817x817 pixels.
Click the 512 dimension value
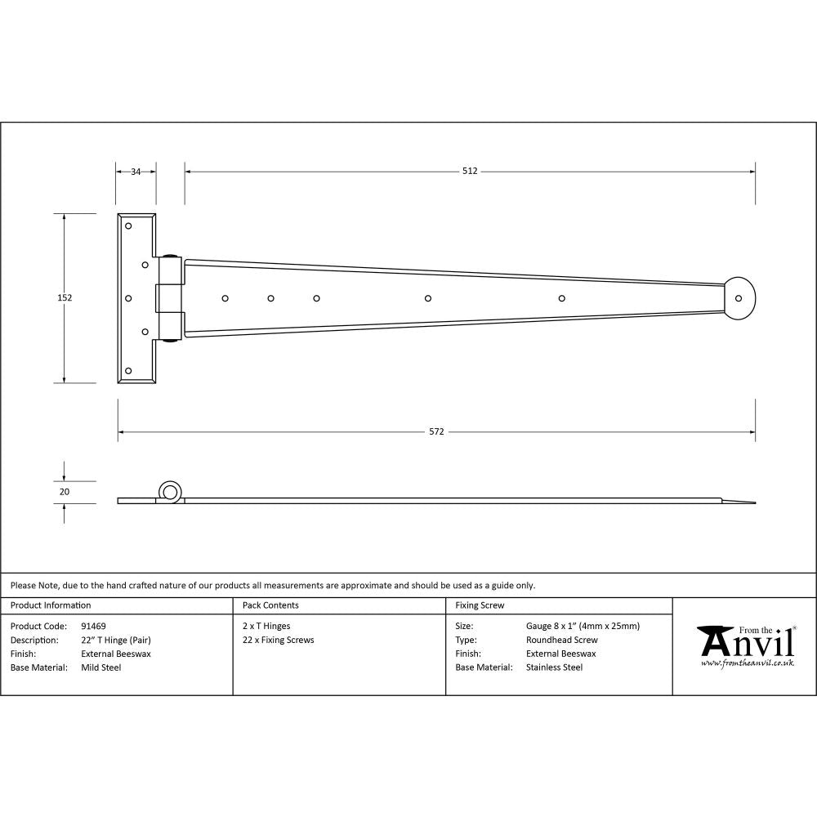click(x=469, y=171)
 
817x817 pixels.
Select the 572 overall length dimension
click(x=436, y=431)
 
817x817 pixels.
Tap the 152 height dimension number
click(x=65, y=298)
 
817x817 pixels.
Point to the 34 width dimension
click(x=136, y=172)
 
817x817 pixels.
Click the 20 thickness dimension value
click(x=65, y=492)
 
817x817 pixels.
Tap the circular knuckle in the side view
click(x=170, y=492)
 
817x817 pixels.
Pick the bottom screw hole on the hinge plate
click(x=127, y=371)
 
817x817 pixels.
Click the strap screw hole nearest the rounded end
click(x=561, y=297)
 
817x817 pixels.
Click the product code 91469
click(x=93, y=627)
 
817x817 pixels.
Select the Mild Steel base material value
click(x=100, y=667)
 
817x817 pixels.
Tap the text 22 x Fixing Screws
click(x=278, y=641)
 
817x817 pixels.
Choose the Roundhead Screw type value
click(x=561, y=641)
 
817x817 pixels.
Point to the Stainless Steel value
click(x=554, y=667)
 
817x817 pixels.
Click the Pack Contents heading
click(x=270, y=605)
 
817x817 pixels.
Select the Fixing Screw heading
click(x=480, y=605)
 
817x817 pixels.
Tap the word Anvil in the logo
click(x=748, y=644)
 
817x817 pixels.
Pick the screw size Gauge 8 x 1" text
click(x=583, y=627)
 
